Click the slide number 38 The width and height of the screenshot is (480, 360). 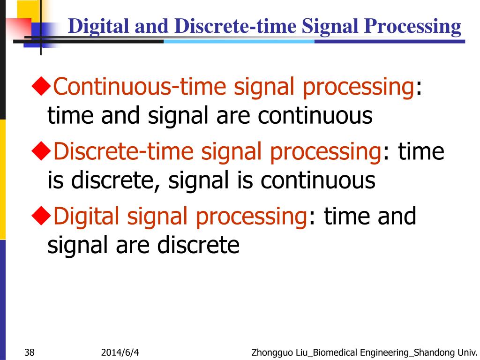29,352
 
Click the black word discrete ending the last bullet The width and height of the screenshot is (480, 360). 198,245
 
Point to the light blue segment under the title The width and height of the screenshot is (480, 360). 239,41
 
